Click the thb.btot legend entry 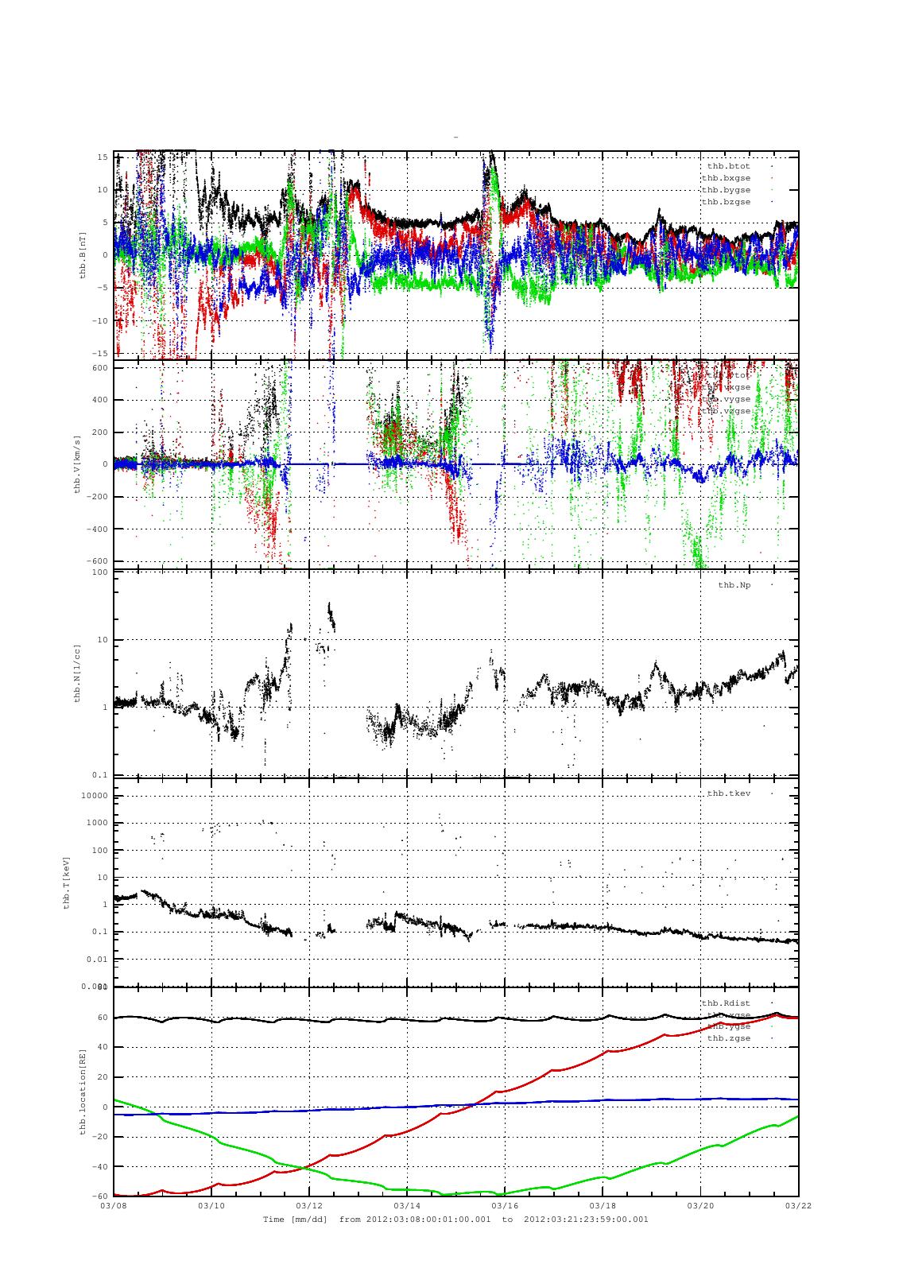[x=728, y=166]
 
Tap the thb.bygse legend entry [x=726, y=190]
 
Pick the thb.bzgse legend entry [x=726, y=202]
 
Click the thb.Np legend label [x=734, y=585]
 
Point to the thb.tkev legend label [x=729, y=793]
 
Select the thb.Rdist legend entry [x=726, y=1002]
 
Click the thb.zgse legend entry [x=729, y=1038]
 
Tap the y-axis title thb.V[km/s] [x=77, y=464]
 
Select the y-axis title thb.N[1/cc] [x=77, y=673]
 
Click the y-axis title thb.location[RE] [x=83, y=1092]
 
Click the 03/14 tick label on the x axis [x=406, y=1205]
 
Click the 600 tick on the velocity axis [x=99, y=368]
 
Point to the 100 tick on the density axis [x=99, y=572]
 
